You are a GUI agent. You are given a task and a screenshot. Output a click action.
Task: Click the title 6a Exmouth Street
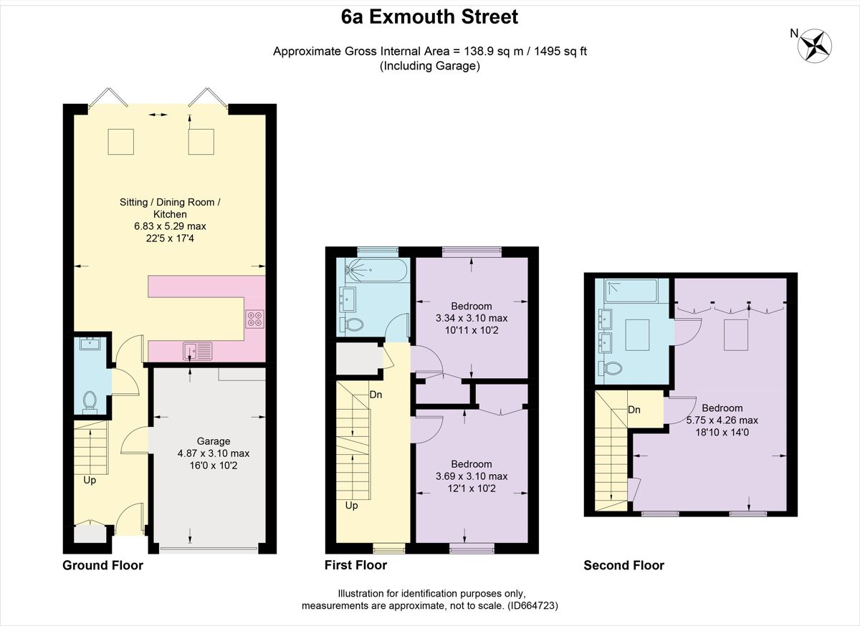tap(430, 17)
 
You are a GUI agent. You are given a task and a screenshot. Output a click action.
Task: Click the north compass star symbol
tap(815, 44)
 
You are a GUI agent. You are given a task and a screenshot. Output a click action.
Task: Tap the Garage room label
tap(213, 441)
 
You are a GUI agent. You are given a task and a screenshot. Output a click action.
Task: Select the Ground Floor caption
tap(102, 565)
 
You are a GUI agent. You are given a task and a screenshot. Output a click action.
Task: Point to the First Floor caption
tap(355, 565)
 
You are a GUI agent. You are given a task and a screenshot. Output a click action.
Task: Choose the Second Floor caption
tap(623, 565)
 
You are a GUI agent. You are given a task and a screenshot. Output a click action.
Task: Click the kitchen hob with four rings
tap(254, 318)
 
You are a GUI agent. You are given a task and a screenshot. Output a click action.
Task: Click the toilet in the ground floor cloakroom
tap(90, 401)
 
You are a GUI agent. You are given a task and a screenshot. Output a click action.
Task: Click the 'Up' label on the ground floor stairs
tap(90, 480)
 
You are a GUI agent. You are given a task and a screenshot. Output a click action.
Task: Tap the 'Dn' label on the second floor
tap(634, 410)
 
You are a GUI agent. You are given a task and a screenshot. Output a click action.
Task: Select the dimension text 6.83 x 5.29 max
tap(170, 226)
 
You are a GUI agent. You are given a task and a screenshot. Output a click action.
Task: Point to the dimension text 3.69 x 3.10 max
tap(471, 476)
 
